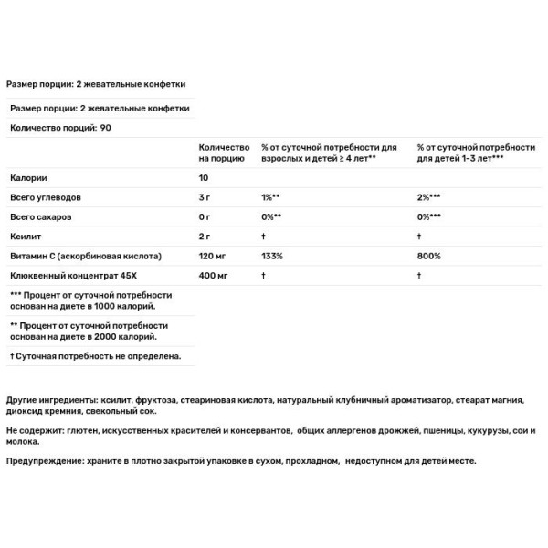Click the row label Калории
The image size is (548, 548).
point(28,177)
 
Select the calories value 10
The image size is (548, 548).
point(205,177)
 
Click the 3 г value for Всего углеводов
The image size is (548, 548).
point(205,197)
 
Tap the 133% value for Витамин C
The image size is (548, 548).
point(272,256)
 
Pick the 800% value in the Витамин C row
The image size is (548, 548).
point(429,256)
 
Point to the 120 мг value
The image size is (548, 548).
point(214,256)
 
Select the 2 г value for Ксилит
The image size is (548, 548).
point(205,236)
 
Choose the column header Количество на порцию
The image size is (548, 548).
point(224,152)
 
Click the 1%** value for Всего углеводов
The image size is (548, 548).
point(270,197)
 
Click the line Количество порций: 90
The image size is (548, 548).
point(60,128)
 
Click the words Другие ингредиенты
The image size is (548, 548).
point(50,401)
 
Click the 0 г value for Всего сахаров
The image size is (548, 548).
point(205,216)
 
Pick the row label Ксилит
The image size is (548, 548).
point(25,236)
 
